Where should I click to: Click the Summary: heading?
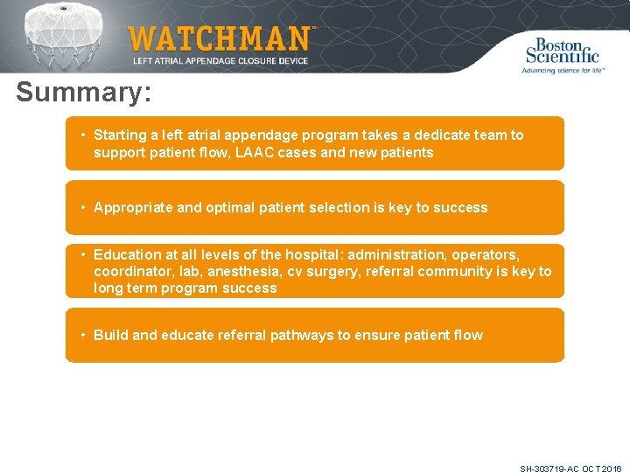[83, 93]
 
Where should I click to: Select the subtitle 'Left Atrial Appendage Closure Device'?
[221, 60]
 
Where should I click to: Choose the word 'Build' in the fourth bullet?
[111, 335]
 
